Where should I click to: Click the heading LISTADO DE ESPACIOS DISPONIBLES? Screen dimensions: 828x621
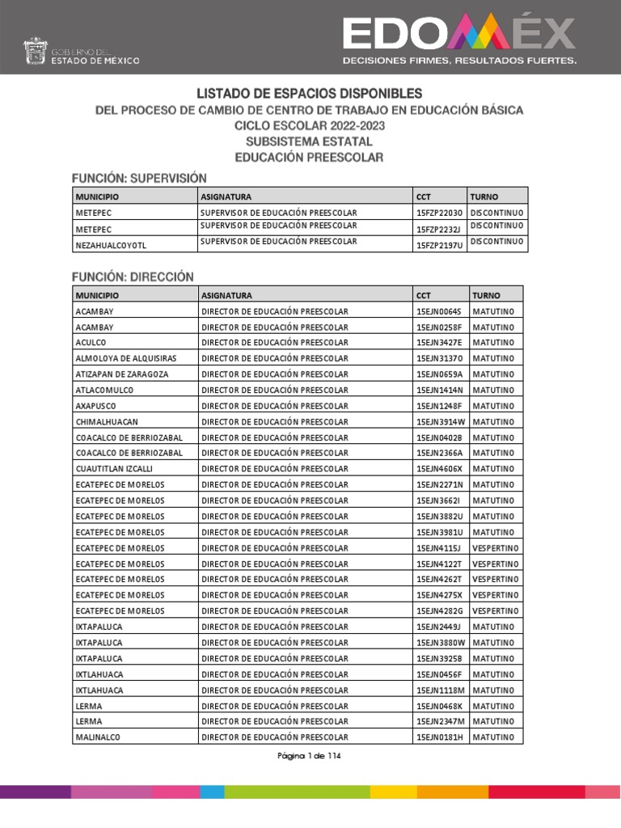pos(310,94)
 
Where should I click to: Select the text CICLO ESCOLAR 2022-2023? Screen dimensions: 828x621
pos(310,126)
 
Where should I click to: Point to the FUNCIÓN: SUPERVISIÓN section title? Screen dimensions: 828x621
pos(139,178)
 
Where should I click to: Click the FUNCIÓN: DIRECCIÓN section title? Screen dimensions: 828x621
pos(133,277)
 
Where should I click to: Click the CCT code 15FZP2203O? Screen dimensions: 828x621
pos(439,213)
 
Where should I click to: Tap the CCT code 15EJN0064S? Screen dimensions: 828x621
pos(438,311)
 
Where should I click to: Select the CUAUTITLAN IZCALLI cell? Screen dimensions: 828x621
pos(114,469)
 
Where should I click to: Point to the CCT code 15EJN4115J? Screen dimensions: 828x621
pos(438,548)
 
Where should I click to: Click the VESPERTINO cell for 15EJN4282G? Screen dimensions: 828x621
pos(496,611)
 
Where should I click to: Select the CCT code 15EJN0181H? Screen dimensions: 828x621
pos(439,737)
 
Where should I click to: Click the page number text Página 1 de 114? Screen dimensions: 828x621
pos(310,756)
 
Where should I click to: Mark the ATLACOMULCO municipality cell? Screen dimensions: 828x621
pos(104,390)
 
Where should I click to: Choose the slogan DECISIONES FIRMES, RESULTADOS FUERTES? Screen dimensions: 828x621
pos(459,61)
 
